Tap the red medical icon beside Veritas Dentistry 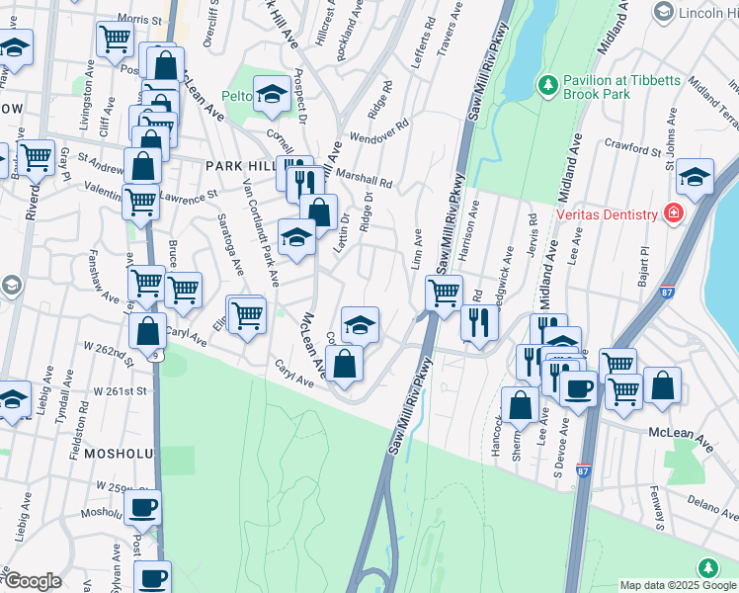point(675,213)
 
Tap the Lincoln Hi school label point(708,12)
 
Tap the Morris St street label point(138,19)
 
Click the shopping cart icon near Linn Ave point(444,292)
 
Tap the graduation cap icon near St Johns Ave point(696,177)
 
